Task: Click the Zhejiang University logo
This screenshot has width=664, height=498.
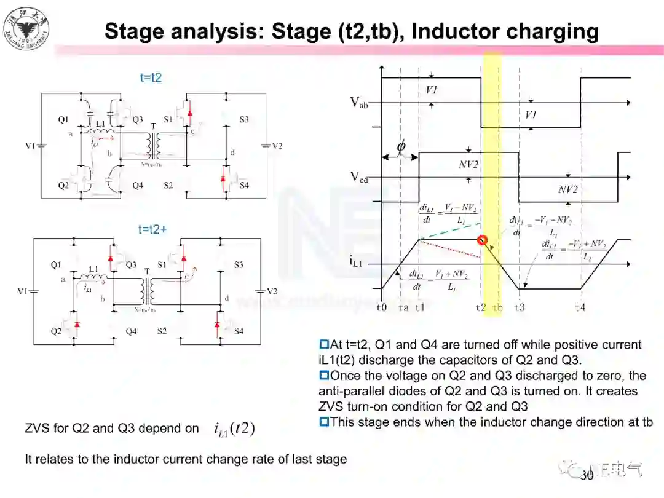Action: pos(26,28)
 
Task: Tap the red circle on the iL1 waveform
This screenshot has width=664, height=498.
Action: pos(483,240)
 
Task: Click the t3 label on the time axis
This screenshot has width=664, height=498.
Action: pos(520,307)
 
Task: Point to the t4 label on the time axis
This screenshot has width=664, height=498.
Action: pos(580,307)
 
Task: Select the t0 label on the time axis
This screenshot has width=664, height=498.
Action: pos(382,307)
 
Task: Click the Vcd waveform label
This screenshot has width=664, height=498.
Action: pos(359,177)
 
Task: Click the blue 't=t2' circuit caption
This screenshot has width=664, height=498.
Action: pos(150,78)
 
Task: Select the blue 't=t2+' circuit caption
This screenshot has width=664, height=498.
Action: pos(152,229)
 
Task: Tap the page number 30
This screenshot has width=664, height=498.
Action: pos(587,475)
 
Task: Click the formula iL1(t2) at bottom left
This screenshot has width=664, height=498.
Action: pos(234,429)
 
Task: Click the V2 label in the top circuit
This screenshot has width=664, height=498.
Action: pos(277,146)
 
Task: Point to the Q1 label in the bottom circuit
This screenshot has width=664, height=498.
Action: pos(56,265)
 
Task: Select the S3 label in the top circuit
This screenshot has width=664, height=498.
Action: pos(244,119)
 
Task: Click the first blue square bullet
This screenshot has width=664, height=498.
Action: pos(323,345)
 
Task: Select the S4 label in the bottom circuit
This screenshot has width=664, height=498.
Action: pos(239,331)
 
